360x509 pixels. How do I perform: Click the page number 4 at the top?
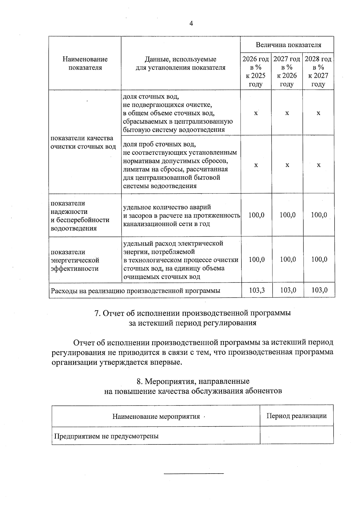coord(191,24)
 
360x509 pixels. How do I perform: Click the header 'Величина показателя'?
coord(288,45)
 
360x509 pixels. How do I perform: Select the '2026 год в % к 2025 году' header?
coord(256,71)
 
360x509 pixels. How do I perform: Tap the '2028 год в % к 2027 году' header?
coord(318,71)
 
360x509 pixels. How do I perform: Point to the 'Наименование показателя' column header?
coord(85,63)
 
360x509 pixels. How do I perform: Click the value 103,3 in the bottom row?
coord(257,290)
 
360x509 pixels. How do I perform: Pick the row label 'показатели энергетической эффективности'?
coord(75,260)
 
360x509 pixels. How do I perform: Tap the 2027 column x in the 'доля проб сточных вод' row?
coord(287,165)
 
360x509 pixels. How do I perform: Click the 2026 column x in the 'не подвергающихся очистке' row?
coord(256,113)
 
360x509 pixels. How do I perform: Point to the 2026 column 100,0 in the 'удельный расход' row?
coord(257,259)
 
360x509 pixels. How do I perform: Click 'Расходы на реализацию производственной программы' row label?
coord(136,290)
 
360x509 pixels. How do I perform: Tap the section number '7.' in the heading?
coord(97,313)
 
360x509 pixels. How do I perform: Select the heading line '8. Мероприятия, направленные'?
coord(193,381)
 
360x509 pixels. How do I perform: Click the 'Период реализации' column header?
coord(296,416)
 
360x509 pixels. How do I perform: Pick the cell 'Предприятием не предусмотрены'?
coord(106,436)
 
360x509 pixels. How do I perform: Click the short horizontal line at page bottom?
coord(194,474)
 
